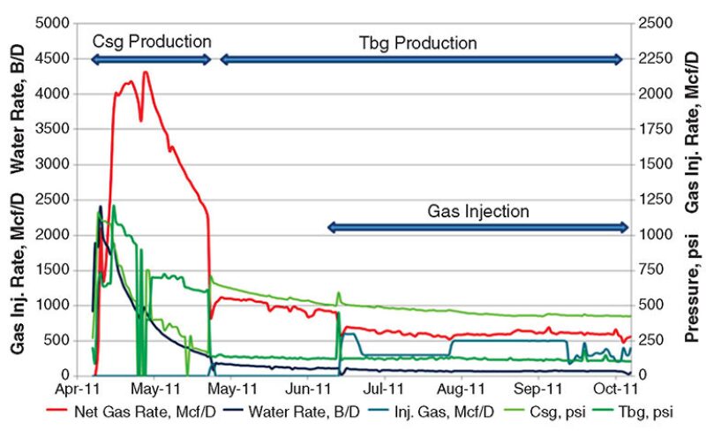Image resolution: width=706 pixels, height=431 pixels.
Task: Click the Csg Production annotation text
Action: point(152,42)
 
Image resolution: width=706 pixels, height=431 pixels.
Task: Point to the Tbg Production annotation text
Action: point(418,42)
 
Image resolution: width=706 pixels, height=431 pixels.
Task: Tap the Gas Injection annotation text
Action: point(478,212)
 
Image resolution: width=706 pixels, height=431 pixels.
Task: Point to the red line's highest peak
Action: point(146,72)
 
